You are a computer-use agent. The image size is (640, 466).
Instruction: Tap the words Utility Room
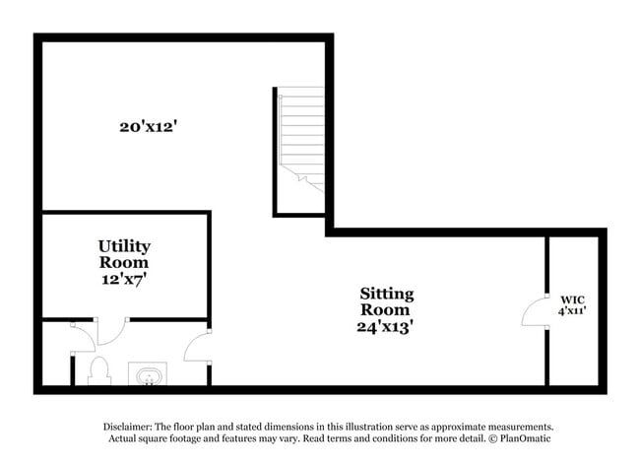click(x=124, y=254)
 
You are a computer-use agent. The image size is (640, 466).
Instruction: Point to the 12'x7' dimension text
click(x=124, y=280)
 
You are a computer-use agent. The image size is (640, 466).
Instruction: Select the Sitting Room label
click(x=386, y=302)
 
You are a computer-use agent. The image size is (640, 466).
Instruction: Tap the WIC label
click(x=572, y=299)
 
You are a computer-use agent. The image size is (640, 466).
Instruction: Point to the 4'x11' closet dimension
click(x=572, y=311)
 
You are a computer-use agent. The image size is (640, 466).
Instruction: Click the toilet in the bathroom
click(x=97, y=370)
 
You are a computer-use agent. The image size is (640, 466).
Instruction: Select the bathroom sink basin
click(x=148, y=375)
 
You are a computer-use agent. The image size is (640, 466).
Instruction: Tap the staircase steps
click(x=300, y=138)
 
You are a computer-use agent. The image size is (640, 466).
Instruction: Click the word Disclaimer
click(x=129, y=427)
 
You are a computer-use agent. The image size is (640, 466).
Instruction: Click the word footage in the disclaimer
click(x=194, y=438)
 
